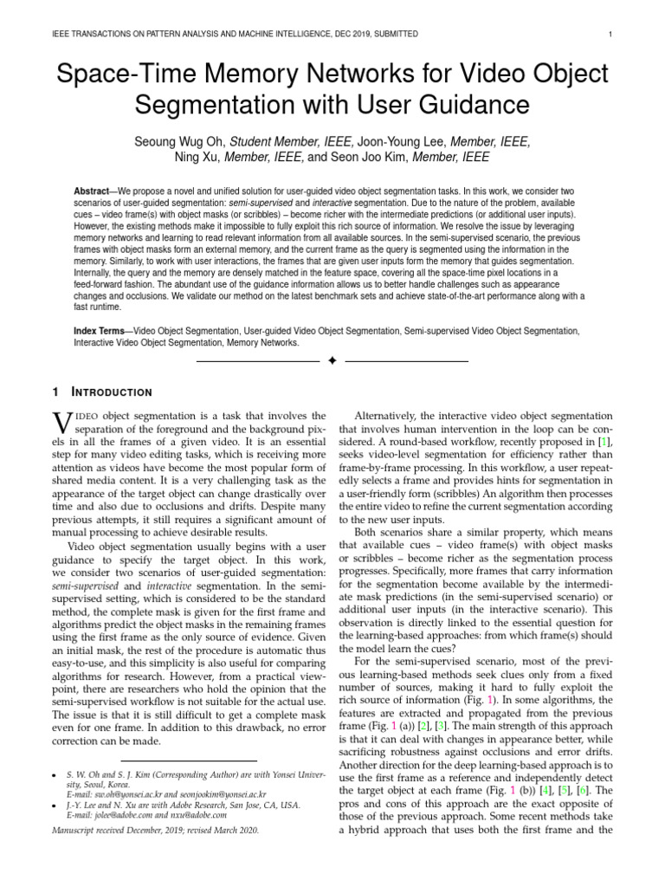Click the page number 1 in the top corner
611,34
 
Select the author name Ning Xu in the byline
198,158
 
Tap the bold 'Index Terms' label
101,331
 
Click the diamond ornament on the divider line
332,359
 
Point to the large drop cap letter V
63,424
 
